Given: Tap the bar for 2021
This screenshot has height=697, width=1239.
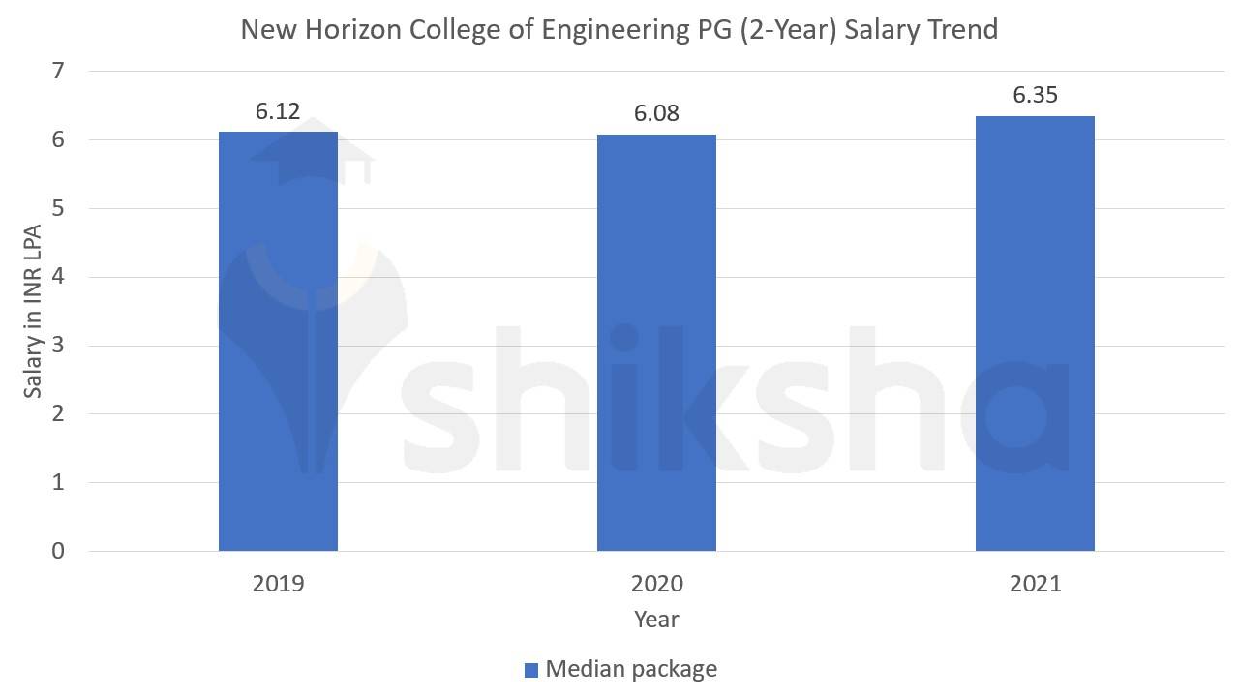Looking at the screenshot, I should [1035, 333].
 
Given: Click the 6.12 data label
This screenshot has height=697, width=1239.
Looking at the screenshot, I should [278, 111].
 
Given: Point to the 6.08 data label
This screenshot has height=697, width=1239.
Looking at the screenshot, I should [656, 113].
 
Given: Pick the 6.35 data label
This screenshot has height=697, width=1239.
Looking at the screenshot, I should [1035, 95].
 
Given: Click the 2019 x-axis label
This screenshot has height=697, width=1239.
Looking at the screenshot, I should [278, 584].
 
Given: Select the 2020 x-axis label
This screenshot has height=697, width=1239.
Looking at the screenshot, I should [656, 584].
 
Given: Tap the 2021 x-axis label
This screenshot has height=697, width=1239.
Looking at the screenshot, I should [1035, 584].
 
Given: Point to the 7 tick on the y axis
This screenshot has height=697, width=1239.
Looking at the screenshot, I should [59, 71].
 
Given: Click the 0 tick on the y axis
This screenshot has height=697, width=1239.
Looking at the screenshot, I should [59, 551].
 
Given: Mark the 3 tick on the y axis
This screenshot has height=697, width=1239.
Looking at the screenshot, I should [59, 346].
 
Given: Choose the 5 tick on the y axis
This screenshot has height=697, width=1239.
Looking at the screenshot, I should [59, 208].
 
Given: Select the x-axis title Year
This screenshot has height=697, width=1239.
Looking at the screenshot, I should [656, 619].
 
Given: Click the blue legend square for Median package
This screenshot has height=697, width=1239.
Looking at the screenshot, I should [530, 670].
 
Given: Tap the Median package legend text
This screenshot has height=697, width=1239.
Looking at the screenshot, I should [631, 669].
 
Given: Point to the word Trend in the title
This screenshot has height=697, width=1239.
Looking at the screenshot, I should [962, 30].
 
